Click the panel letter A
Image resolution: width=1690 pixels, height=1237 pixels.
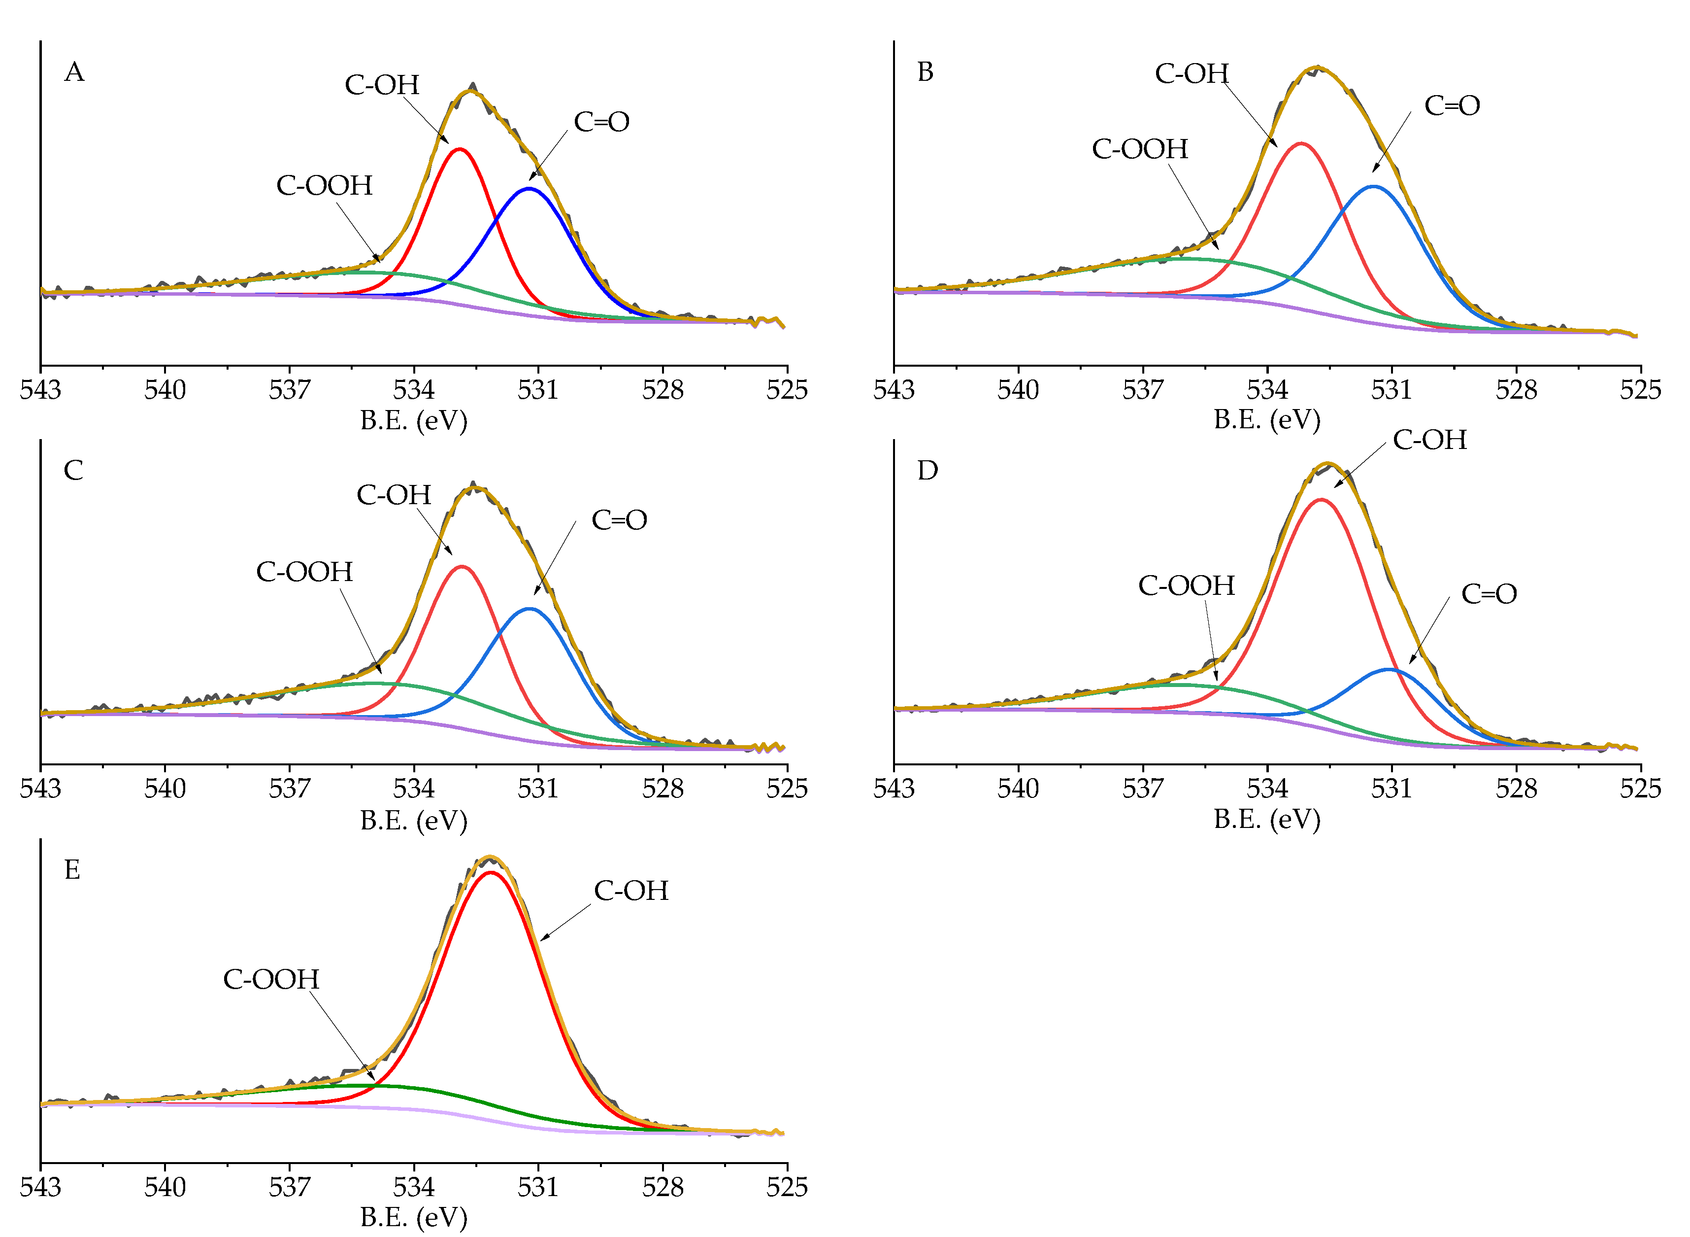(x=74, y=72)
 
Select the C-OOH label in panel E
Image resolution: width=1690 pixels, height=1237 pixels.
(x=271, y=979)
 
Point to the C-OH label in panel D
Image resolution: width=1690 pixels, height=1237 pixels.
(x=1429, y=440)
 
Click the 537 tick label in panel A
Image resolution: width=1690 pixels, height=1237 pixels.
(x=289, y=390)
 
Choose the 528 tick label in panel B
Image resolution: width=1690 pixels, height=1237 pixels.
(x=1516, y=390)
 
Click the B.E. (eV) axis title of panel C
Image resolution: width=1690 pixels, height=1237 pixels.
(x=413, y=820)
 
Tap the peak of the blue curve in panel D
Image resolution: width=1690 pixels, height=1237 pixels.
(x=1389, y=669)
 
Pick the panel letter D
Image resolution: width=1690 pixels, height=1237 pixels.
(x=928, y=471)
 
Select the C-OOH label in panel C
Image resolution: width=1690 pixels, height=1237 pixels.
(x=304, y=572)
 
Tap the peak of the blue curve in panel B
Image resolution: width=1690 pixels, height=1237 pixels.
(x=1374, y=186)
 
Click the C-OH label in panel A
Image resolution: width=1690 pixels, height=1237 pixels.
(x=382, y=85)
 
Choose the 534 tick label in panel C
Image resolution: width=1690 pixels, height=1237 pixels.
(x=413, y=789)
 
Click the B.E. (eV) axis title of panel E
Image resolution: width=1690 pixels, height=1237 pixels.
(x=413, y=1217)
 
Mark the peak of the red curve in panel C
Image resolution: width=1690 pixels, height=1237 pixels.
(x=462, y=566)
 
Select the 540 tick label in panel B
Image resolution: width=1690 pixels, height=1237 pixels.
(x=1018, y=390)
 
